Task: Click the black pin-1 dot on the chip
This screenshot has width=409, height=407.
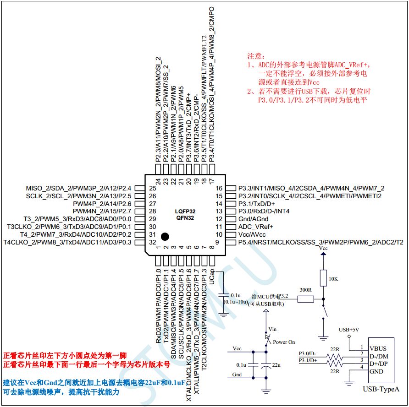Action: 165,236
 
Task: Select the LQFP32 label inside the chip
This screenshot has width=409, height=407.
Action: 185,211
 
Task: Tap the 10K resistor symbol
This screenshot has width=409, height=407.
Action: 323,278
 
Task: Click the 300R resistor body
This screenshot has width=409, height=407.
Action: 305,299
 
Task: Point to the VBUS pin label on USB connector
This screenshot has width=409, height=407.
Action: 378,348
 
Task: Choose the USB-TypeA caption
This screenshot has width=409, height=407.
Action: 381,389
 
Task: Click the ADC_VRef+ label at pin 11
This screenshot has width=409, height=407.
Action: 255,227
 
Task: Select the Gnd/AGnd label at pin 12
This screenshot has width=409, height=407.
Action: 253,219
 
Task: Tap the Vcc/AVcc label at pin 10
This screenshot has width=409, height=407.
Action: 252,234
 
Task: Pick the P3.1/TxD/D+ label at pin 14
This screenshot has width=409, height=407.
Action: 256,203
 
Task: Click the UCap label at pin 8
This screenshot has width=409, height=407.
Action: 212,277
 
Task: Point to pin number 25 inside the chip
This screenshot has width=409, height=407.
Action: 152,188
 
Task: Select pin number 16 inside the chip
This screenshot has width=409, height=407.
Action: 219,188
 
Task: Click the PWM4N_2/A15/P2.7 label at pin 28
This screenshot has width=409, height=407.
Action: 102,211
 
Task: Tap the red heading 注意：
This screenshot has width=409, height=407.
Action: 256,56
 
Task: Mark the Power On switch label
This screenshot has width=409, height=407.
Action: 284,342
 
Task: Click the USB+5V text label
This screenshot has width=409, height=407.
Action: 349,330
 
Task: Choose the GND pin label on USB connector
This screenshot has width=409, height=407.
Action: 376,371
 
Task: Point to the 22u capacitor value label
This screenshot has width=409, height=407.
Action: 276,365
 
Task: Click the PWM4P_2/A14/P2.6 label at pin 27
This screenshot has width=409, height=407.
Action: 102,203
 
